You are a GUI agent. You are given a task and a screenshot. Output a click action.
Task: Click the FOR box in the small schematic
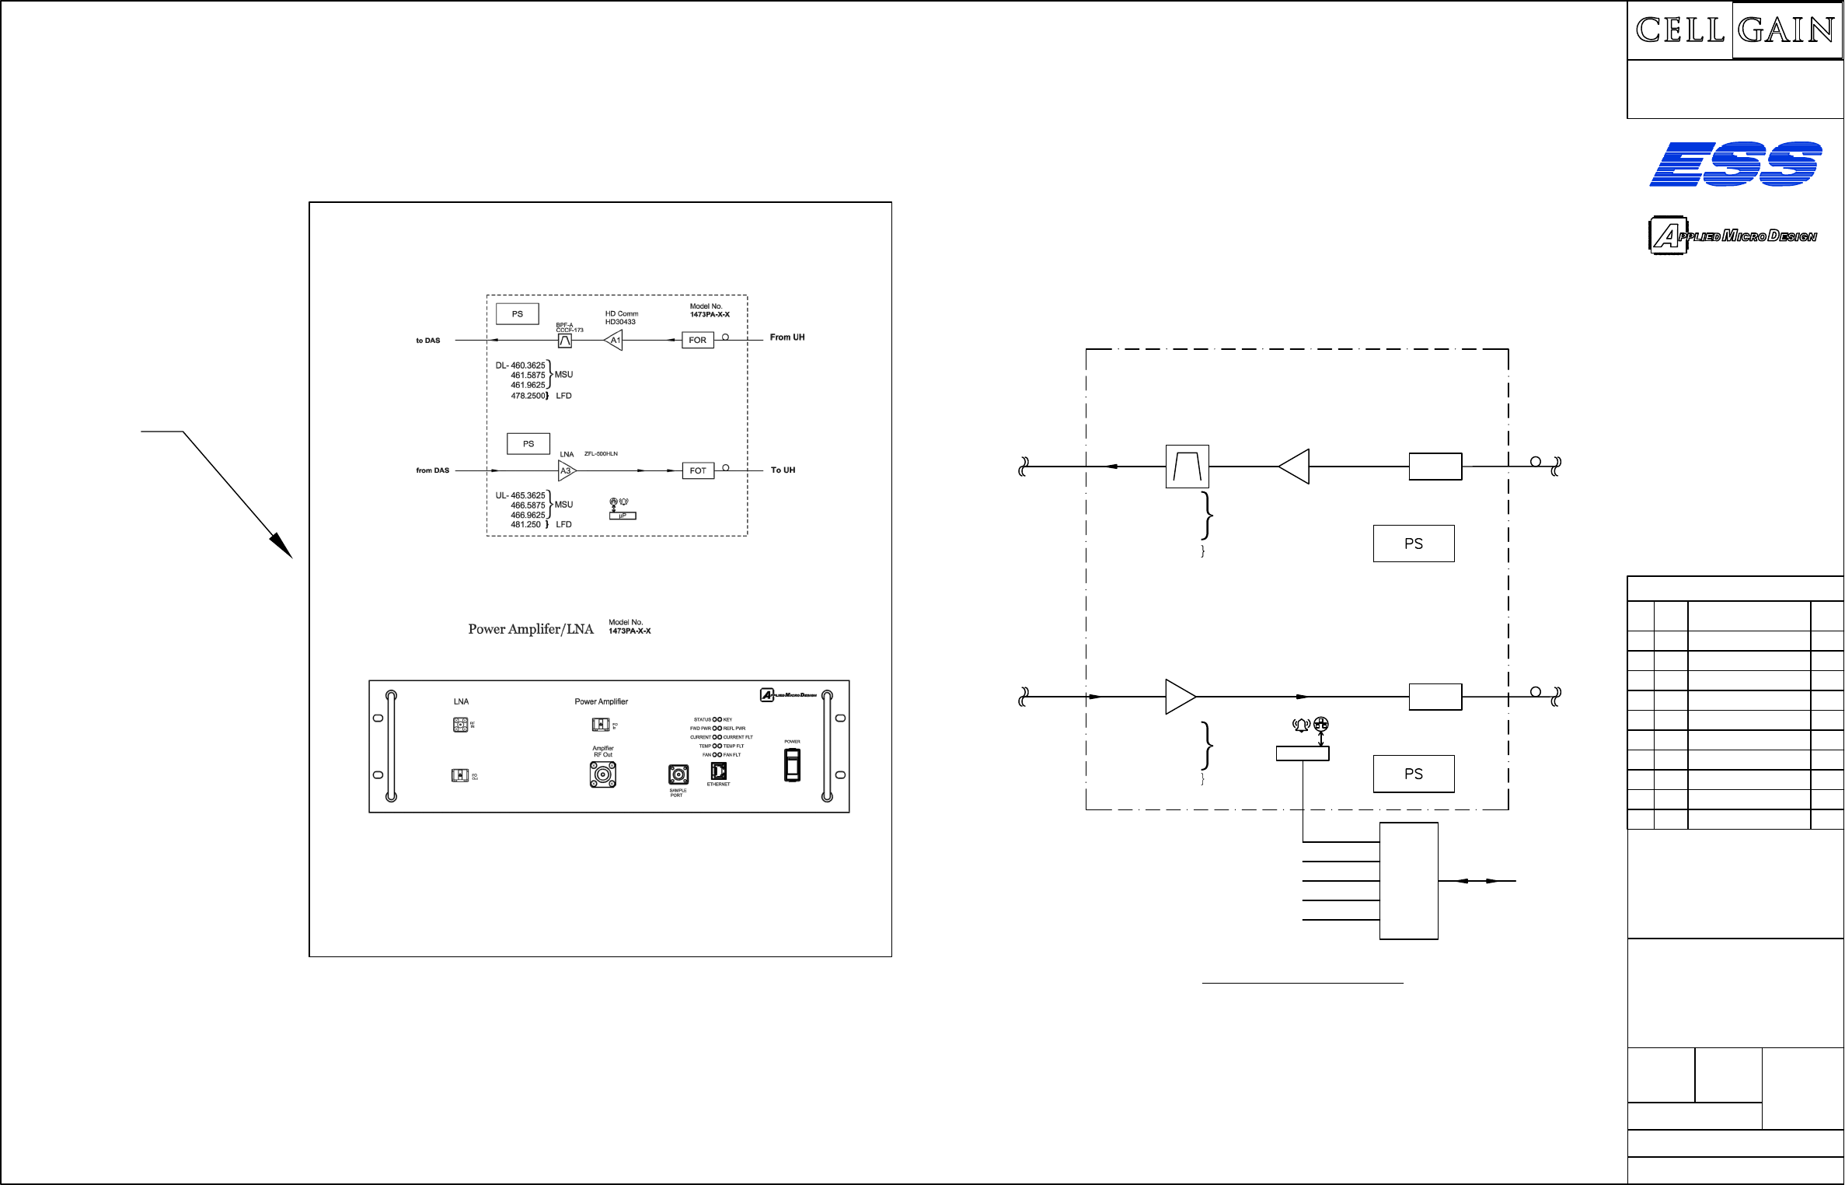[697, 340]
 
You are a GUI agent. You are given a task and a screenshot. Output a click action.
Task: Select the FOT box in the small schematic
[698, 470]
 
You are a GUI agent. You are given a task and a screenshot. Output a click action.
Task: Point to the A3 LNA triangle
[567, 470]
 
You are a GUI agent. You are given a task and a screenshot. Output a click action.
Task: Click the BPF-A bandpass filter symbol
[565, 341]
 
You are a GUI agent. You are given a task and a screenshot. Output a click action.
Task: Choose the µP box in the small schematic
[623, 516]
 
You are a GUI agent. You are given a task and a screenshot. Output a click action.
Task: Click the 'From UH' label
[786, 337]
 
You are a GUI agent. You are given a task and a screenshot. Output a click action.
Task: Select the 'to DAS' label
[427, 341]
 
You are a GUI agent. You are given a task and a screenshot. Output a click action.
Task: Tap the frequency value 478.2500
[528, 396]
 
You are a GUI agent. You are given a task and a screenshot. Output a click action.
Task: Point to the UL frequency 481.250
[525, 525]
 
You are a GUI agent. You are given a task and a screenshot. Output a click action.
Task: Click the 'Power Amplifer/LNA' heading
[530, 629]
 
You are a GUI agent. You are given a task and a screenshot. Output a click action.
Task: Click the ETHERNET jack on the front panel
[719, 771]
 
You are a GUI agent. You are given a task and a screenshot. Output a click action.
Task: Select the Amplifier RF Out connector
[602, 774]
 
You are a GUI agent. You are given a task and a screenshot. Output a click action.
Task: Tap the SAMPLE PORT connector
[678, 774]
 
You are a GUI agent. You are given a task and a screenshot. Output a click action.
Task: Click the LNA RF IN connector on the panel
[461, 725]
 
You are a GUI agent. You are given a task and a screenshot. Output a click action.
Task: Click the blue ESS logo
[1735, 164]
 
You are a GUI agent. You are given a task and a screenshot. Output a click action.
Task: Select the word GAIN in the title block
[1786, 30]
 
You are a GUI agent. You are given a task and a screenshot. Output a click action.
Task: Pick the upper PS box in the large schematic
[1413, 544]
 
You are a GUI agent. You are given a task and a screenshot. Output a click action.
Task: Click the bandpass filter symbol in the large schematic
[1187, 467]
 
